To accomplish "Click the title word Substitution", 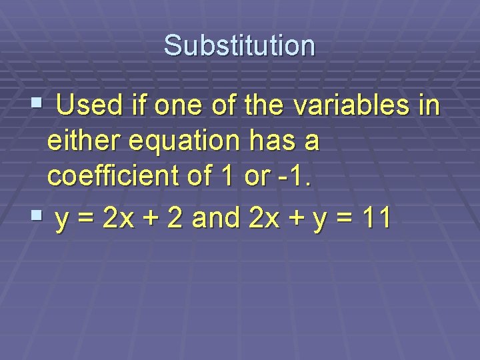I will coord(239,45).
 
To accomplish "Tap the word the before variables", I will coord(271,105).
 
